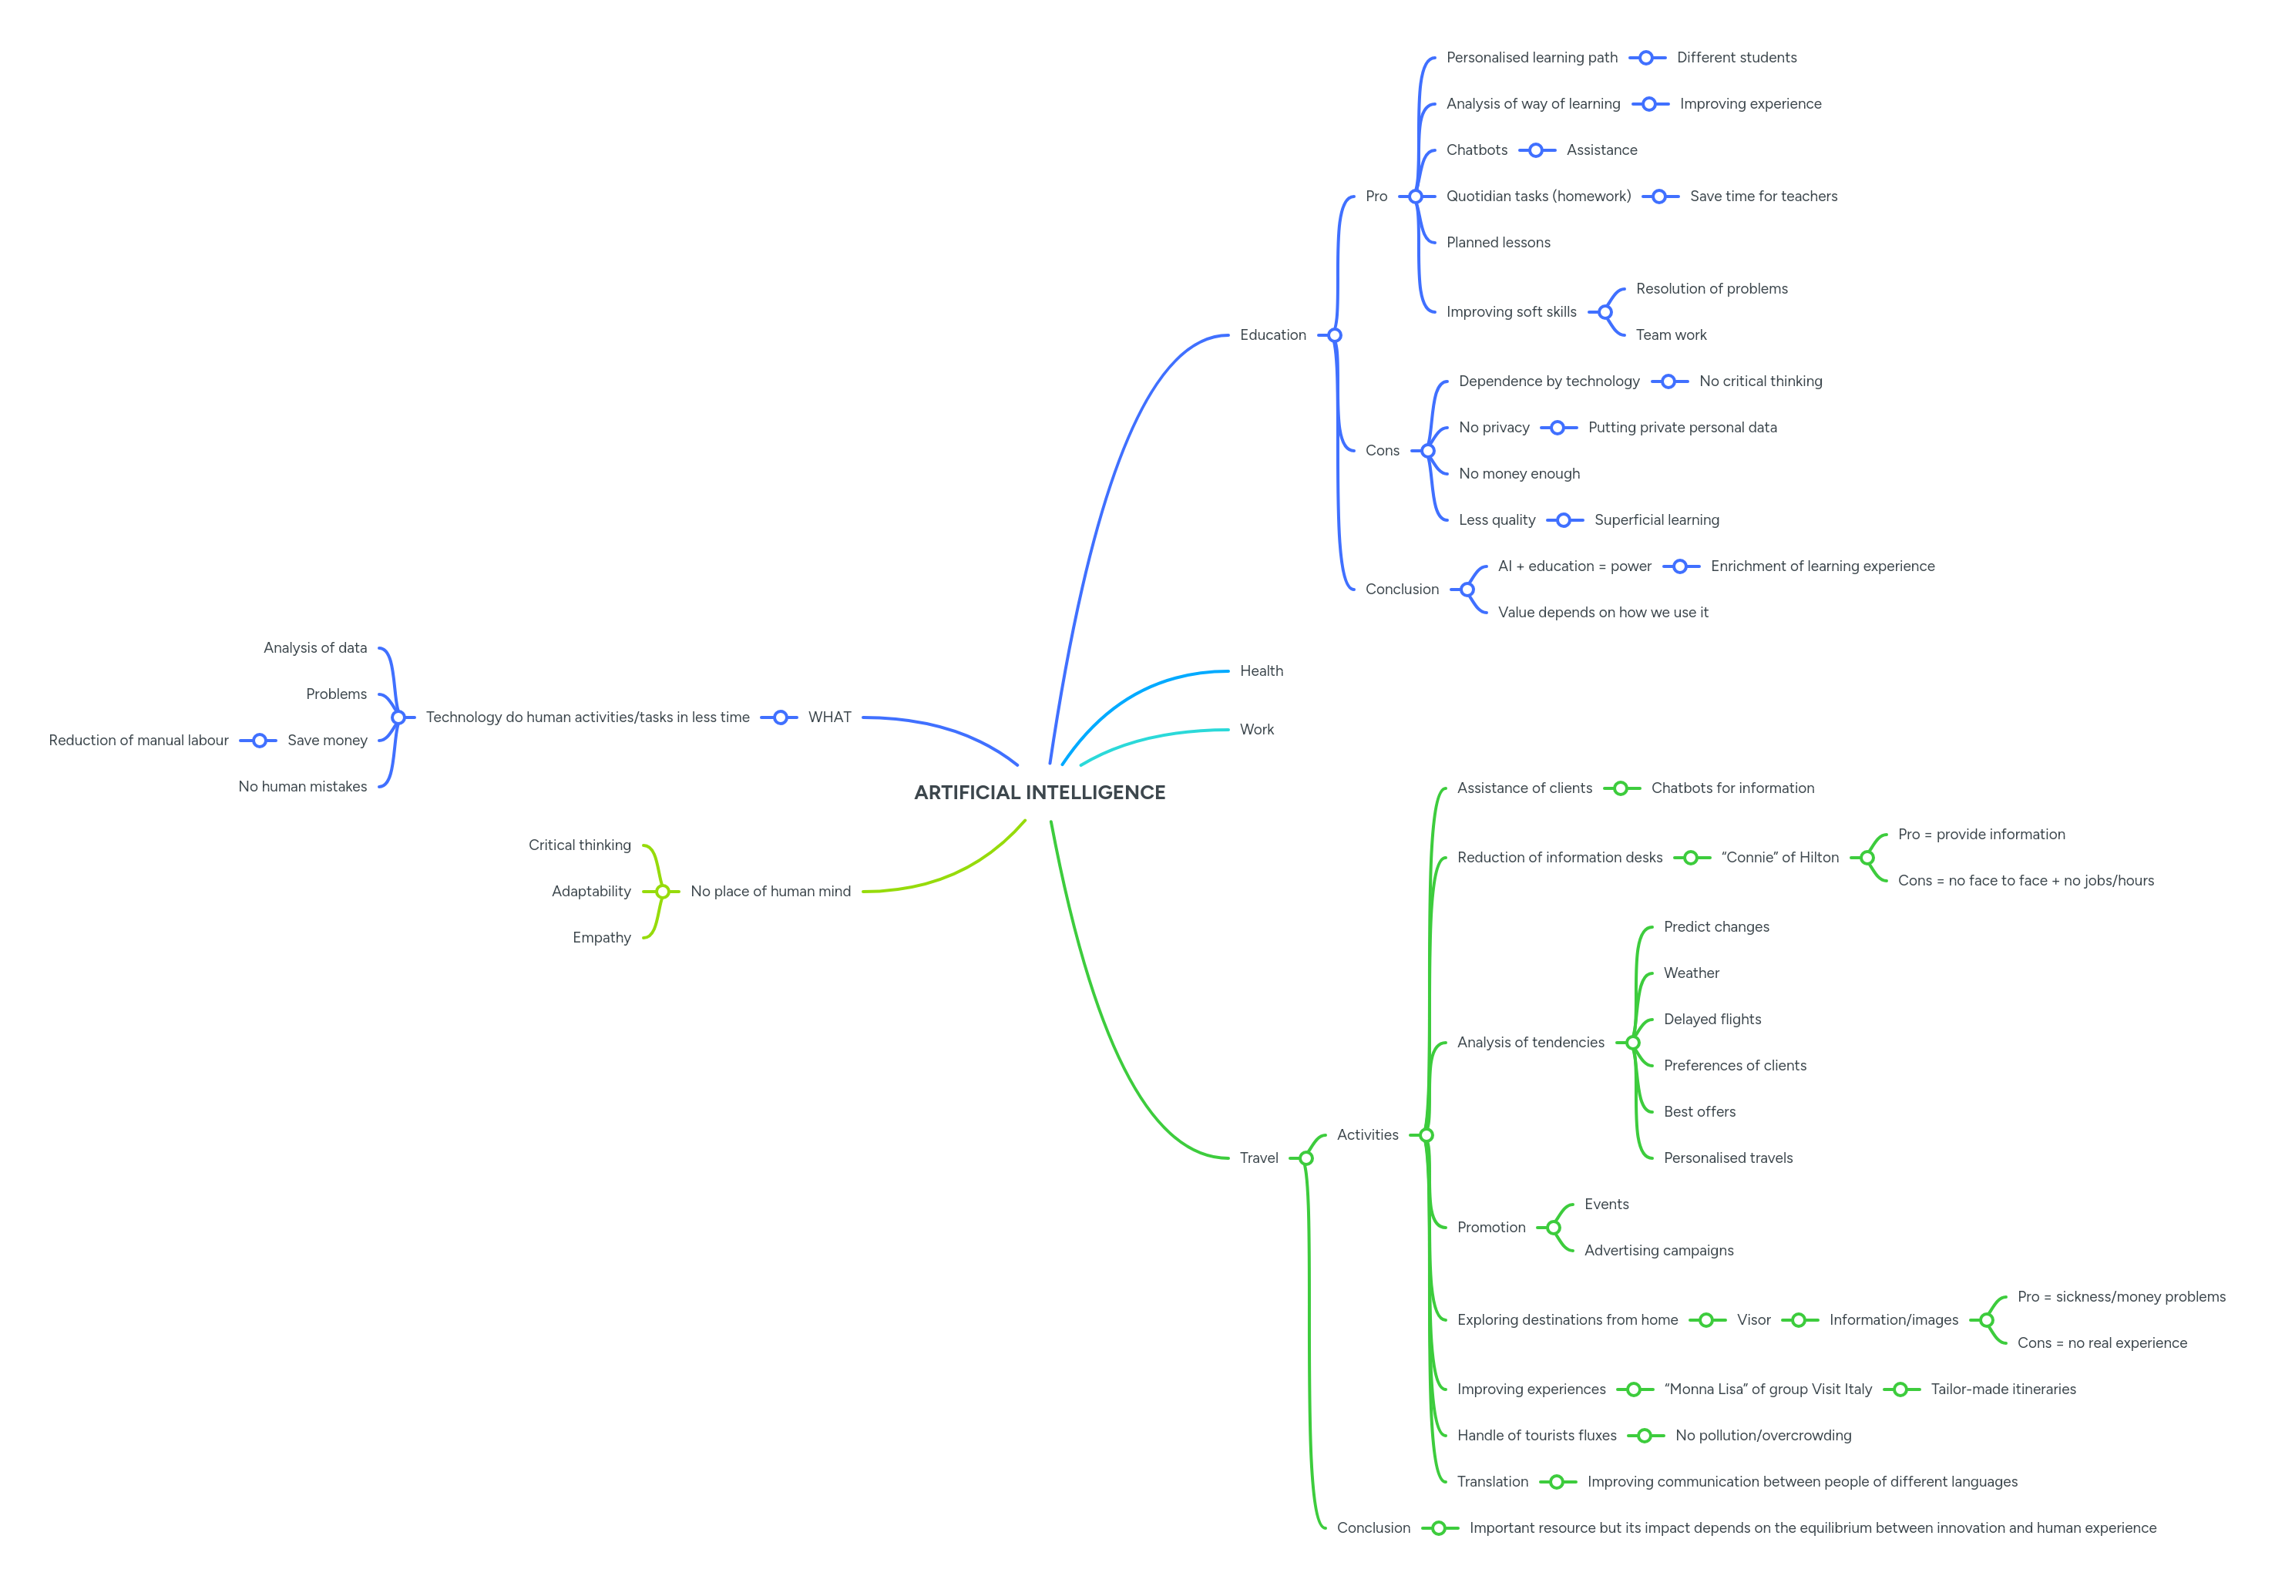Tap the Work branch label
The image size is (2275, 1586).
click(1256, 729)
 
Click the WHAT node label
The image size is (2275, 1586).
click(829, 717)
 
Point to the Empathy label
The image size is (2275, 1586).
click(601, 937)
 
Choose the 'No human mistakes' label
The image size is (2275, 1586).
click(302, 787)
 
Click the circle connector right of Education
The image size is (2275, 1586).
click(1335, 334)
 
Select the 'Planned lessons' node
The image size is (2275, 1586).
click(1497, 243)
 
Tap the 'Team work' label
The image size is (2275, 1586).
click(1671, 334)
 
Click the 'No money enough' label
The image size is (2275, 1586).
click(1519, 473)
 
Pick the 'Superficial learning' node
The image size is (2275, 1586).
click(1655, 520)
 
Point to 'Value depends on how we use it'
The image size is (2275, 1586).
click(1602, 612)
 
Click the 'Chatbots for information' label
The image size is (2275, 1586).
click(1732, 788)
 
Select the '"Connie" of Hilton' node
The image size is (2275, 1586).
click(1779, 858)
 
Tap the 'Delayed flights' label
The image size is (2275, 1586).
click(1712, 1020)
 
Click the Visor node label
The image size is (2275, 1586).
click(1752, 1319)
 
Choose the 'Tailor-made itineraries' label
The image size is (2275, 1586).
click(2002, 1389)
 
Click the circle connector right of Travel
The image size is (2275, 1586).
click(1306, 1158)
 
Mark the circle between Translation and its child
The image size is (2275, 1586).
click(1557, 1482)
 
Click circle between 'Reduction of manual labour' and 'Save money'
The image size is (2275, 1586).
click(260, 740)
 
